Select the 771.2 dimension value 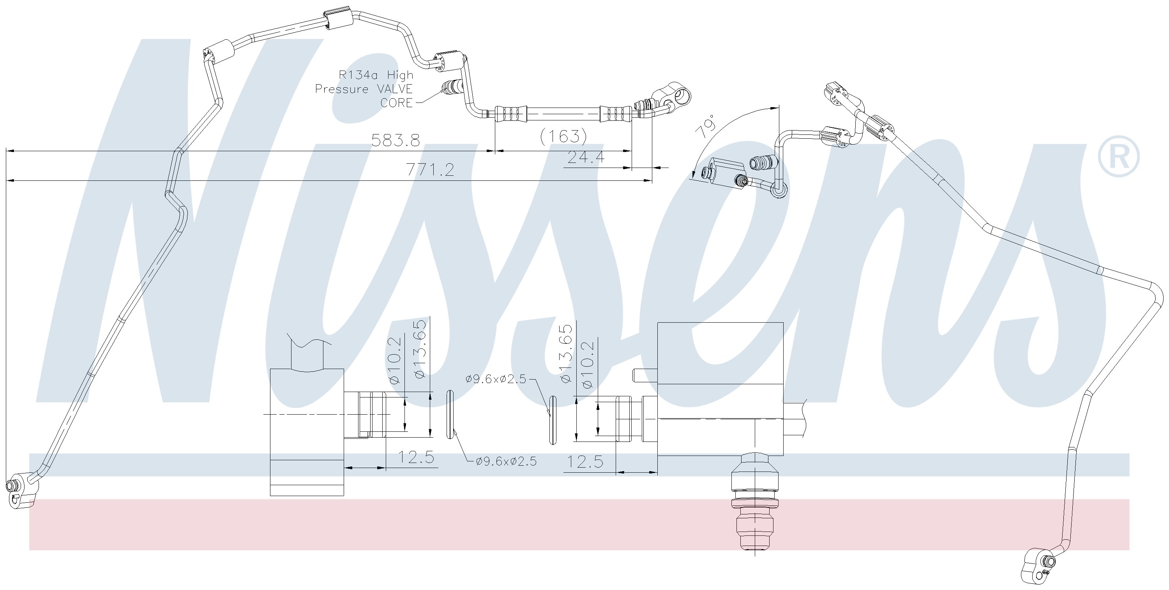pos(430,170)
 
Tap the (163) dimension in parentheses pos(563,135)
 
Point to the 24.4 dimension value pos(586,157)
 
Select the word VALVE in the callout pos(395,89)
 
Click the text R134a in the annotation pos(359,75)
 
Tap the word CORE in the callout pos(396,103)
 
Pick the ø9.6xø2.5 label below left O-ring pos(506,461)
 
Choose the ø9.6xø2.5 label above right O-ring pos(496,379)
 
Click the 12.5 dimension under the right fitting pos(585,461)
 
